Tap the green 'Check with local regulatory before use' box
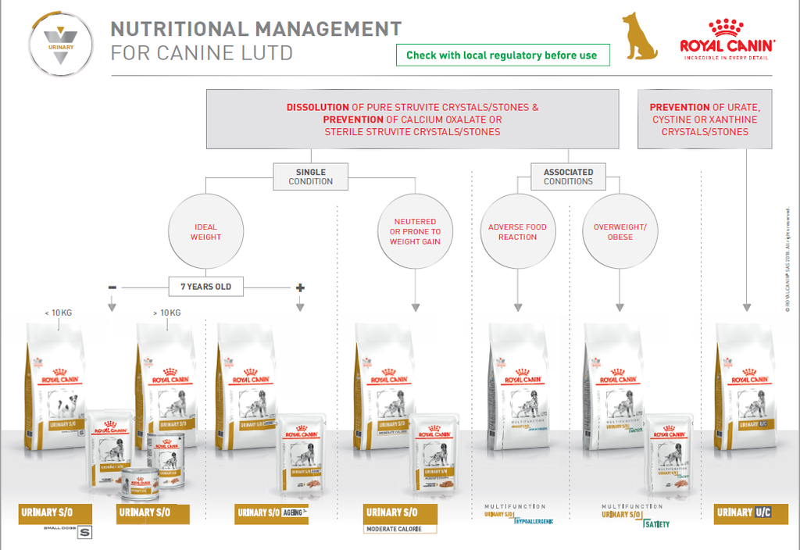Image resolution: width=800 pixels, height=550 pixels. point(502,55)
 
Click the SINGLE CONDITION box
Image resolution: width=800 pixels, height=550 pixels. point(311,177)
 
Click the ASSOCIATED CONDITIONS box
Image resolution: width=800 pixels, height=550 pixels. point(568,177)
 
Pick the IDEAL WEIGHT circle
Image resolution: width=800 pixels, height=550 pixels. point(205,232)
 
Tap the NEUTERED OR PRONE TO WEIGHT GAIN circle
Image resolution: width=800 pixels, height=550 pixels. point(415,232)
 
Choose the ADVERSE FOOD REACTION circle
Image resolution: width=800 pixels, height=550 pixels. point(517,232)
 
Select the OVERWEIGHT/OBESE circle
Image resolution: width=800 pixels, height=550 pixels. point(620,232)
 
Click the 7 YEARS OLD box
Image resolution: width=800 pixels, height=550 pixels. point(206,287)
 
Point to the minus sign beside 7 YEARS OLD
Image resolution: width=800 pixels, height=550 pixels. point(112,287)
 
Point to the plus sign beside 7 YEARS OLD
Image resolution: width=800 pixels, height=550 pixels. point(300,287)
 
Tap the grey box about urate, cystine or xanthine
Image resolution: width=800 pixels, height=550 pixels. point(705,119)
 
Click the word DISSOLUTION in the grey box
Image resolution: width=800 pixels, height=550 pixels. point(318,107)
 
